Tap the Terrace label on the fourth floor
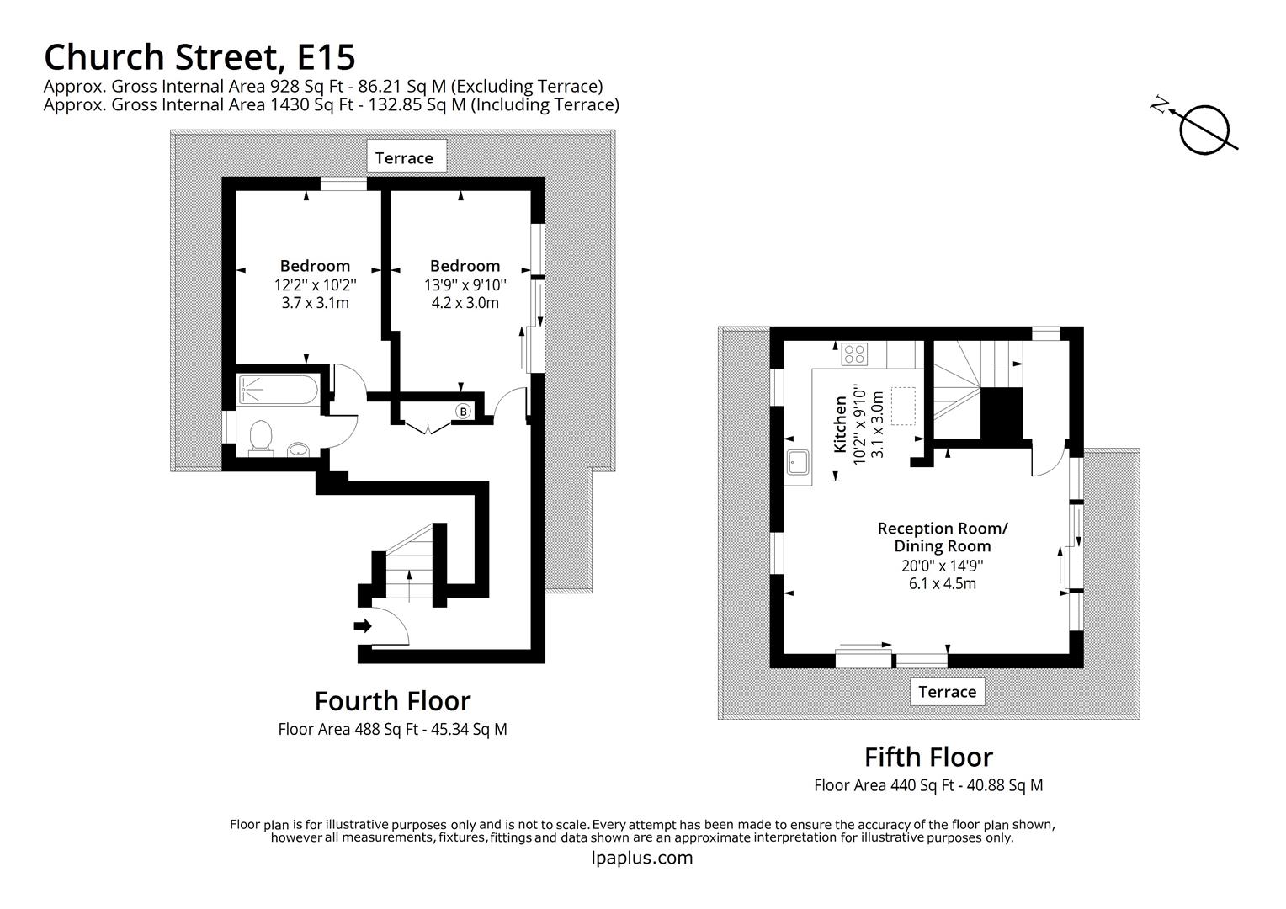point(404,157)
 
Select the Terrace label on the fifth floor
point(947,691)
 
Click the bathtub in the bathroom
point(278,390)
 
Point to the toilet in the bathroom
point(262,437)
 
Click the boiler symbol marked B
point(462,411)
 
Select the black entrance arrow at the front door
point(363,625)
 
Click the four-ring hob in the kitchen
point(855,353)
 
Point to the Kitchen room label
point(840,424)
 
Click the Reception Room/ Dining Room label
point(942,537)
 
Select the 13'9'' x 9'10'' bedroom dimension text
point(465,284)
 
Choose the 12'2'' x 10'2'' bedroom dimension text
point(315,284)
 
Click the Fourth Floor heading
point(392,700)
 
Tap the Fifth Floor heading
point(928,757)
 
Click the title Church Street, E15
point(199,57)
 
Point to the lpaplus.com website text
point(642,858)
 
